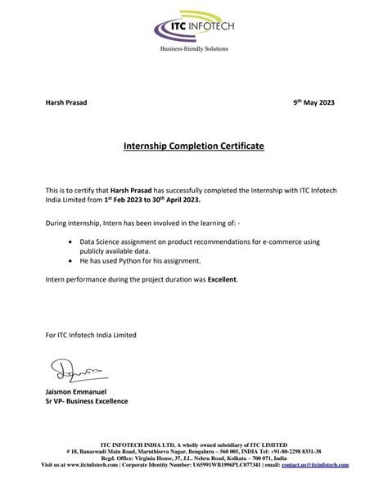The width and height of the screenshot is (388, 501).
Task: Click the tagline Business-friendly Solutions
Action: tap(193, 49)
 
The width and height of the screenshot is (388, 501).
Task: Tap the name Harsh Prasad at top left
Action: tap(65, 103)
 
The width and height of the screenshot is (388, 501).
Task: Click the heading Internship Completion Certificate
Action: tap(193, 147)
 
